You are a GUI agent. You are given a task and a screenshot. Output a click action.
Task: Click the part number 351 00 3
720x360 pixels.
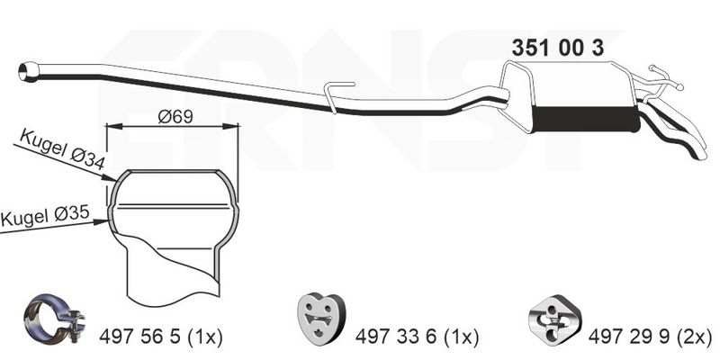558,49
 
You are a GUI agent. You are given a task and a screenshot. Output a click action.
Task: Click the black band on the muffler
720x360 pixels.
585,120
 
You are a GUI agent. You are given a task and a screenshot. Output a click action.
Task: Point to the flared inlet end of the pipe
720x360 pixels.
29,68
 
